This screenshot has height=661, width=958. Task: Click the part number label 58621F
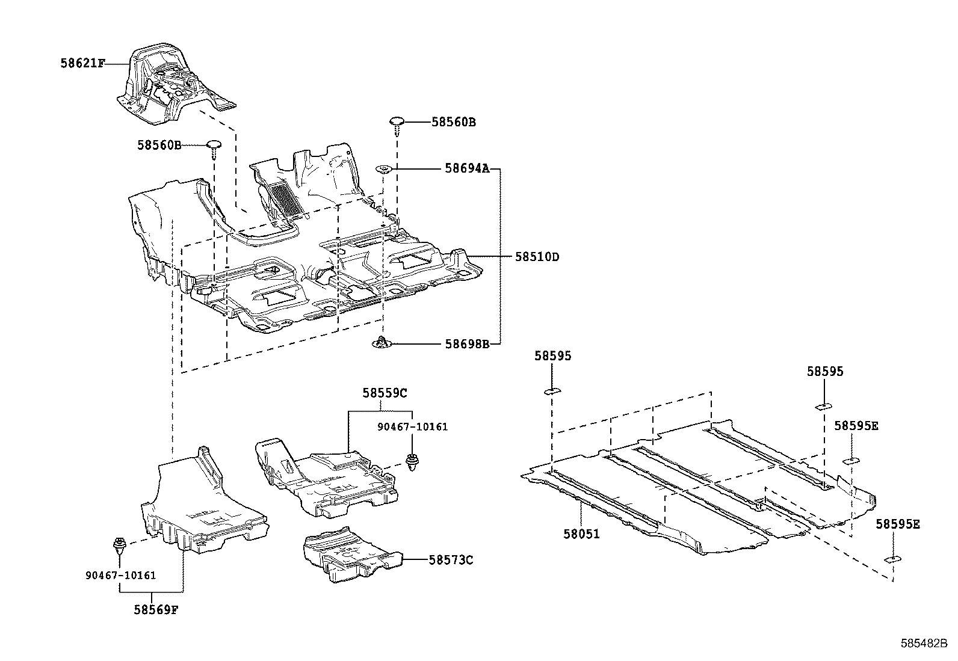click(82, 63)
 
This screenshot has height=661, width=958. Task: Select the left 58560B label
click(159, 145)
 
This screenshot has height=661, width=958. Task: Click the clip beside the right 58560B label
click(397, 123)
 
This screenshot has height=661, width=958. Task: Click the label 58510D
click(537, 257)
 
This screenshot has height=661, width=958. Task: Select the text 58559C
click(385, 393)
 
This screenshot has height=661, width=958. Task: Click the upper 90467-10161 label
click(412, 426)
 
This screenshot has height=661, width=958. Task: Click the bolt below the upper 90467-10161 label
click(412, 462)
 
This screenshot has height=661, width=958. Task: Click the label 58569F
click(156, 609)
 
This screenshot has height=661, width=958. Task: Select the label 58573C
click(451, 560)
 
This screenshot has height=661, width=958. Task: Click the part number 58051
click(581, 533)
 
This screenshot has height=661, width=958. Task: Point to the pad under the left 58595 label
click(552, 392)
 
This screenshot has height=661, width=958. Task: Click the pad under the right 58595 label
click(823, 407)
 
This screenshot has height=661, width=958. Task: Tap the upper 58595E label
click(856, 426)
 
